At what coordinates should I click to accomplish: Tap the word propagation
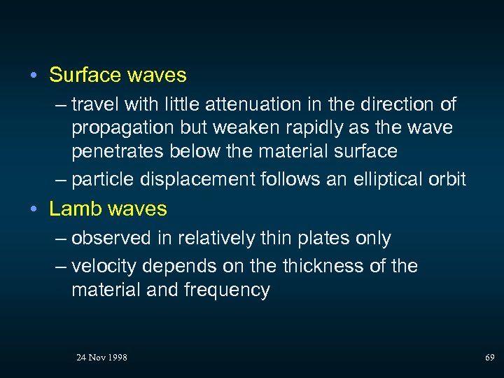click(x=121, y=128)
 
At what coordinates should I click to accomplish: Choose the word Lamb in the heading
click(x=73, y=209)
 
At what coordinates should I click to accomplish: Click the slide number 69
click(x=490, y=358)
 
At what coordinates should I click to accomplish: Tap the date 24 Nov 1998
click(x=101, y=358)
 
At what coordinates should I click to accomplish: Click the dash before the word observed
click(x=62, y=239)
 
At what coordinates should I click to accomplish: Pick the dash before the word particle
click(x=62, y=180)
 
